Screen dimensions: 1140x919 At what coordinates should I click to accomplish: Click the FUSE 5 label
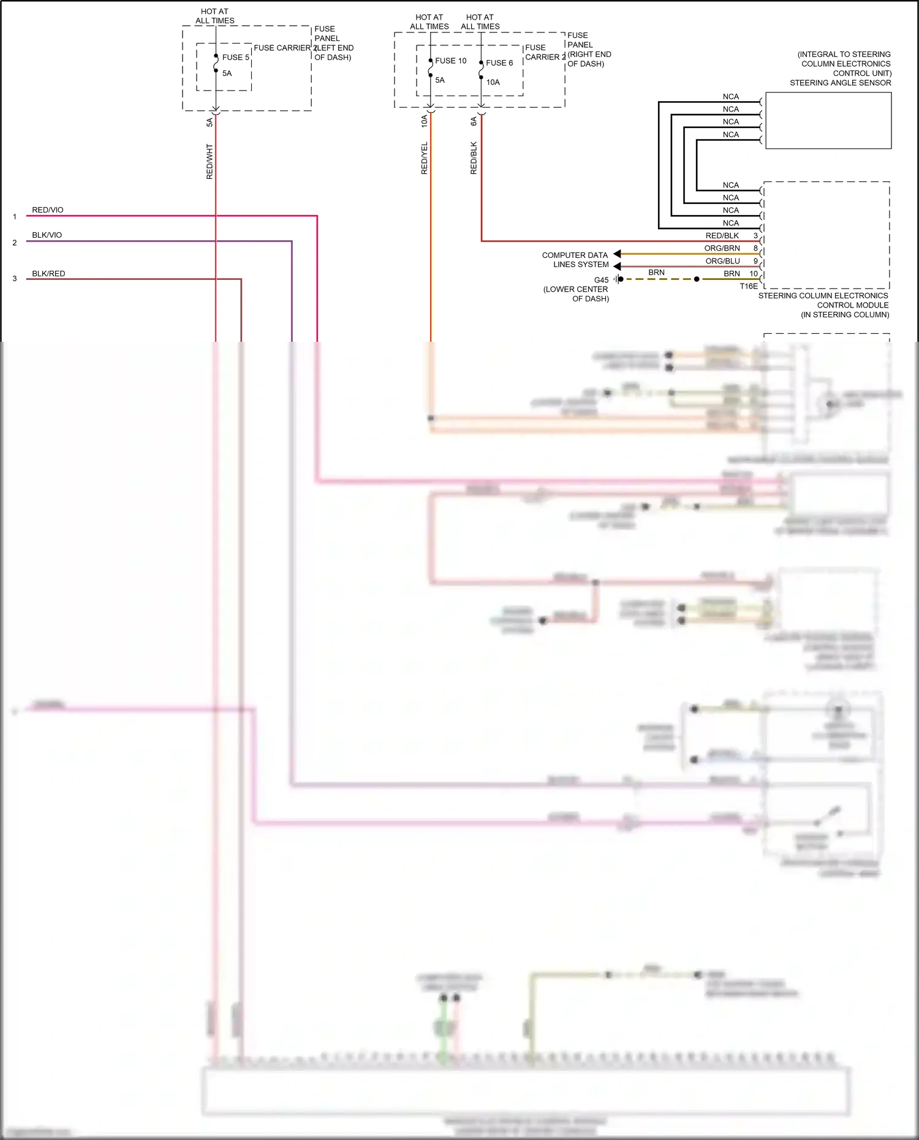(235, 58)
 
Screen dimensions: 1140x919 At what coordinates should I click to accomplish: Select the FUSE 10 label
(450, 61)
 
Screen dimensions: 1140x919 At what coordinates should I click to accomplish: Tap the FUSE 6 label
(499, 63)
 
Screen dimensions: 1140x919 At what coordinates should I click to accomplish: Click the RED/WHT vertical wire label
(210, 162)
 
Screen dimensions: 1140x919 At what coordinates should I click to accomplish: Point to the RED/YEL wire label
(424, 159)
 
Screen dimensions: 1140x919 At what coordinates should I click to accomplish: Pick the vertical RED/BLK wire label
(473, 159)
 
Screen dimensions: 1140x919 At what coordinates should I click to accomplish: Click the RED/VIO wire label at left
(48, 210)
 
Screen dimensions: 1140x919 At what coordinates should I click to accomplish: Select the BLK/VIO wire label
(47, 235)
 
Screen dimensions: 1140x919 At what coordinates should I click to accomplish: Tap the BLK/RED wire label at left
(48, 274)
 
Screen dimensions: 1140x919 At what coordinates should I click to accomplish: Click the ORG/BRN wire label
(722, 248)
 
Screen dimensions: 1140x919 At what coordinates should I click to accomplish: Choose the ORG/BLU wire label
(722, 261)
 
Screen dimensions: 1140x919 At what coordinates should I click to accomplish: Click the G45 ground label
(601, 280)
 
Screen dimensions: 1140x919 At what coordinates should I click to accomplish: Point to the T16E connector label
(748, 286)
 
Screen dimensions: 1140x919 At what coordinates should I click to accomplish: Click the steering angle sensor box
(828, 121)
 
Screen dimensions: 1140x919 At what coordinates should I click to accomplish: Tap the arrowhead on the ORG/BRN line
(617, 254)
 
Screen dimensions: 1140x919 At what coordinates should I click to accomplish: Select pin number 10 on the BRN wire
(753, 274)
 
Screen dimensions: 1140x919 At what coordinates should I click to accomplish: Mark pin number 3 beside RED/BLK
(755, 236)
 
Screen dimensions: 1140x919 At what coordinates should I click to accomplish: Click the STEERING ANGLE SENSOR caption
(840, 83)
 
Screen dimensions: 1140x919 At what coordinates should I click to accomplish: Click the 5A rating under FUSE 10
(440, 80)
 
